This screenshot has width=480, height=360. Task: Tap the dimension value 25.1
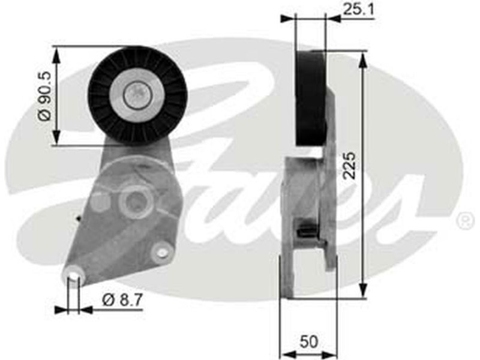coord(358,9)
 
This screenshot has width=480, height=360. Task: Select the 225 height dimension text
coord(349,166)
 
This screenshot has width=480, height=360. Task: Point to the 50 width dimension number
coord(308,341)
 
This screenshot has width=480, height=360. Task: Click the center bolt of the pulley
coord(138,95)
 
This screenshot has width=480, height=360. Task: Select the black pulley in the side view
coord(310,98)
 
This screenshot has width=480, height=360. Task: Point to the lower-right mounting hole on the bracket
coord(161,252)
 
